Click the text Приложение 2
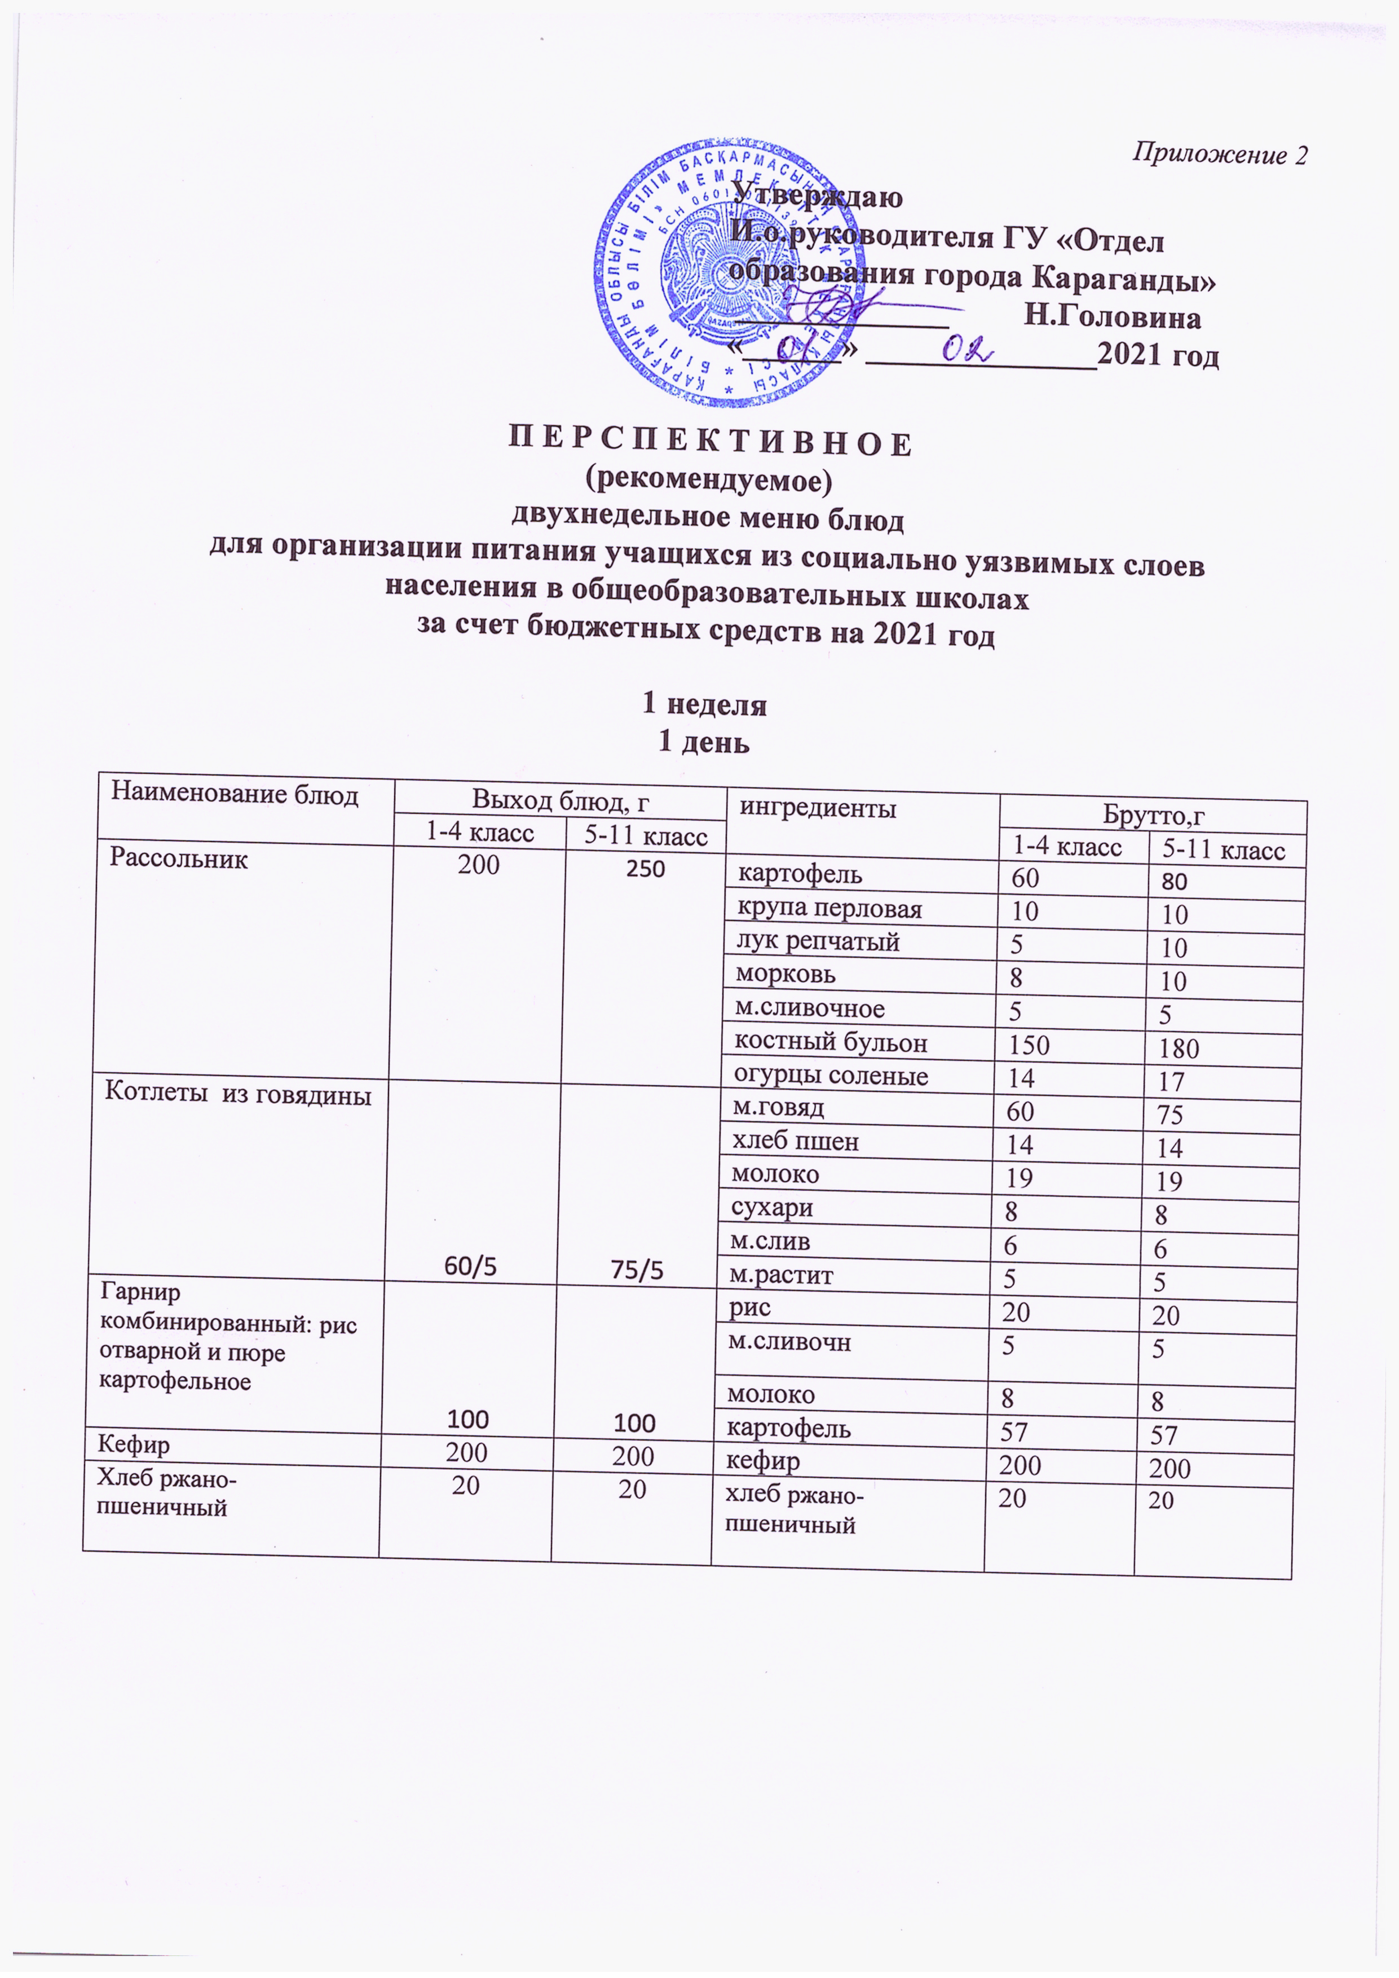point(1219,154)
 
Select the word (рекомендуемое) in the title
point(708,480)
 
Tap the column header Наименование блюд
point(235,794)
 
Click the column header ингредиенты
point(818,808)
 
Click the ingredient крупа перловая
point(829,909)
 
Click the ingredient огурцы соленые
point(831,1076)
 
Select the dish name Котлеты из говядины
point(238,1095)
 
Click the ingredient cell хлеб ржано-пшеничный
point(795,1510)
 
